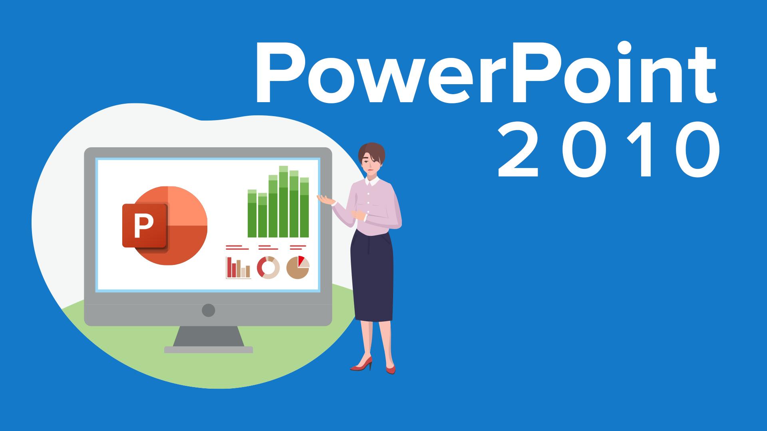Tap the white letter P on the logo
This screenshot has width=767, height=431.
[x=143, y=226]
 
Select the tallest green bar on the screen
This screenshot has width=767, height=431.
[x=283, y=202]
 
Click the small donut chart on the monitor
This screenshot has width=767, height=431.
[x=268, y=267]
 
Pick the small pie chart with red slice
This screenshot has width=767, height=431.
[x=298, y=267]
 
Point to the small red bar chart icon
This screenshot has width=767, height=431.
[x=238, y=267]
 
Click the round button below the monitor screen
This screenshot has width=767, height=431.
[x=208, y=310]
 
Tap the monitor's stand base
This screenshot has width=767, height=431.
[x=209, y=350]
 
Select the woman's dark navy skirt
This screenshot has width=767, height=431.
[x=372, y=277]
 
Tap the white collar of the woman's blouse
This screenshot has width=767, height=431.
[x=372, y=182]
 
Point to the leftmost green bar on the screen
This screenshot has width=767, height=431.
[x=252, y=214]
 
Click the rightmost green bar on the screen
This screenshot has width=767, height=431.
[x=304, y=208]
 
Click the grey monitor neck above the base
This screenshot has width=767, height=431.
[x=209, y=336]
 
